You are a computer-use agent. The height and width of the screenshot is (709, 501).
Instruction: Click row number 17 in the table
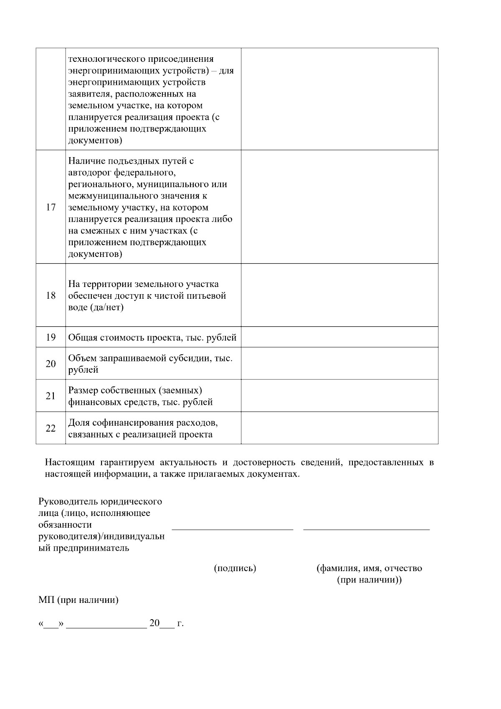[x=51, y=207]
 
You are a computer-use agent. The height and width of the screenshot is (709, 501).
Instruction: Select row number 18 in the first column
[x=51, y=295]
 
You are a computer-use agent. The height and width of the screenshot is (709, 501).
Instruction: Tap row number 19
[x=51, y=337]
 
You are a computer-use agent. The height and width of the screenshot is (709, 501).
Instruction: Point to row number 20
[x=51, y=363]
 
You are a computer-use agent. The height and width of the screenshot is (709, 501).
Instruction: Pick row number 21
[x=51, y=396]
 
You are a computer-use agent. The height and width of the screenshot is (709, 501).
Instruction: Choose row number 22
[x=51, y=428]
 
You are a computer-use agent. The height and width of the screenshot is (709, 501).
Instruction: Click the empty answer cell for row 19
[x=339, y=337]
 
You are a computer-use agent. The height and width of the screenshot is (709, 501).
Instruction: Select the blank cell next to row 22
[x=339, y=428]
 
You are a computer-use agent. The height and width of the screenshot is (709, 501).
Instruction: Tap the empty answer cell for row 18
[x=339, y=295]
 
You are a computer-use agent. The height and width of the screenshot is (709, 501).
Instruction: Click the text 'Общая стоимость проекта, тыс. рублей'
[x=152, y=338]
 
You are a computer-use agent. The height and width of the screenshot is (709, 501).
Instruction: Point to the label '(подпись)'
[x=235, y=568]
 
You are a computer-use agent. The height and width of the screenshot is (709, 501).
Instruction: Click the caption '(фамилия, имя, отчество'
[x=369, y=568]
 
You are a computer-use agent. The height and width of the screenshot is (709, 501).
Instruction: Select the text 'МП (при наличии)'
[x=78, y=600]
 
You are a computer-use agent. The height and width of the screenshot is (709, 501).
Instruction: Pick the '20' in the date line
[x=154, y=623]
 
